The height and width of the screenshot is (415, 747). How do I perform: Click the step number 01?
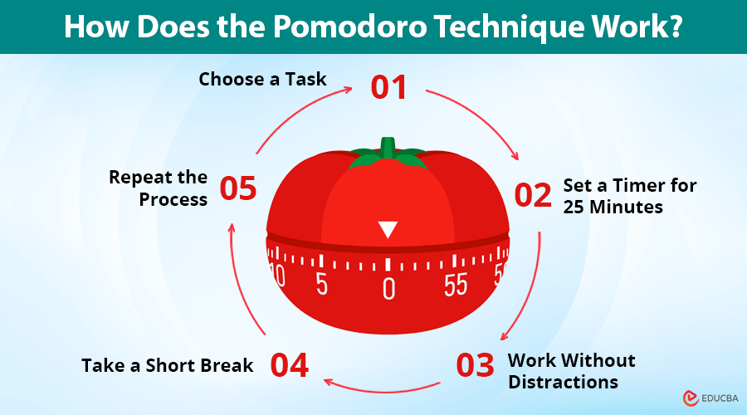click(x=388, y=86)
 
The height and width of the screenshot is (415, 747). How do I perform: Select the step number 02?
click(x=533, y=195)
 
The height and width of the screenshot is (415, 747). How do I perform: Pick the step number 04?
click(x=289, y=365)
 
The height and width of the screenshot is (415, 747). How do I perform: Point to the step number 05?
click(x=238, y=188)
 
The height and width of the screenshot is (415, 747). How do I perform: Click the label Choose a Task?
click(x=262, y=80)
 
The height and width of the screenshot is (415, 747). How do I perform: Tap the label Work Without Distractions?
click(x=571, y=371)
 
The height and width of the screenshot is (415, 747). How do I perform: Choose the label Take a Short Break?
click(x=167, y=365)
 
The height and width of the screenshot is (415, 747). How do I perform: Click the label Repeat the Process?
click(x=158, y=188)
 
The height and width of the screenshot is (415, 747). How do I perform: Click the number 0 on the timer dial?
click(x=388, y=288)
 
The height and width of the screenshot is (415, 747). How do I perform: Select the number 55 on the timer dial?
click(x=456, y=284)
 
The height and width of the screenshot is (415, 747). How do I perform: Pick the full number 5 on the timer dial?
click(x=321, y=284)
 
